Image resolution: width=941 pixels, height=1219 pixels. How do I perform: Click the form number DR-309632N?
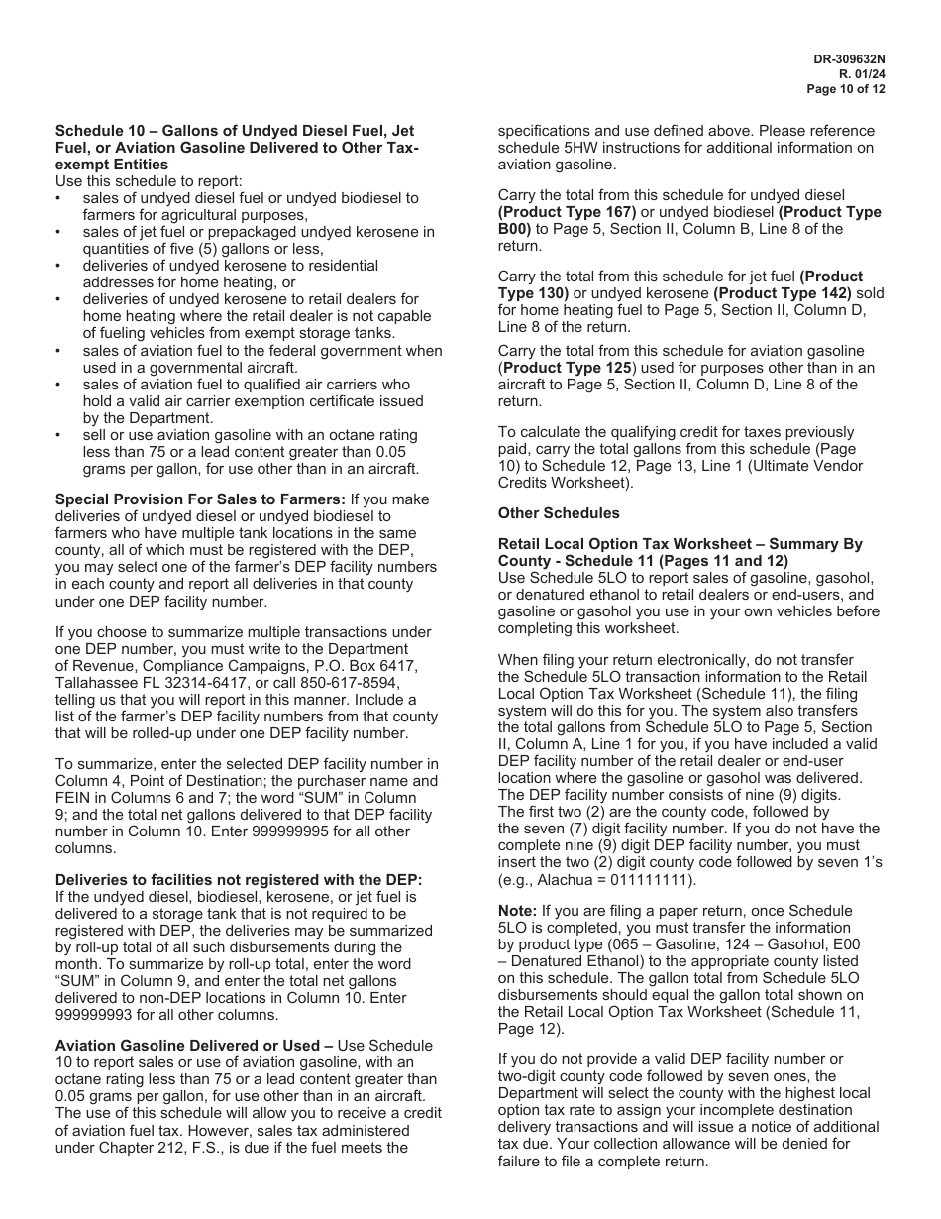pyautogui.click(x=849, y=58)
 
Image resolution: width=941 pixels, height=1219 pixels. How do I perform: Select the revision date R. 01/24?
pyautogui.click(x=862, y=73)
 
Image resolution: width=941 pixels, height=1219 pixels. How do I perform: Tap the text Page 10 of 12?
pyautogui.click(x=846, y=88)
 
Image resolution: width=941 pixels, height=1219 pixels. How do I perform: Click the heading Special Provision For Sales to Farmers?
pyautogui.click(x=199, y=499)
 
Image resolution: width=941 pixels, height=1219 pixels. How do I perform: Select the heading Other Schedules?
pyautogui.click(x=559, y=513)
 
